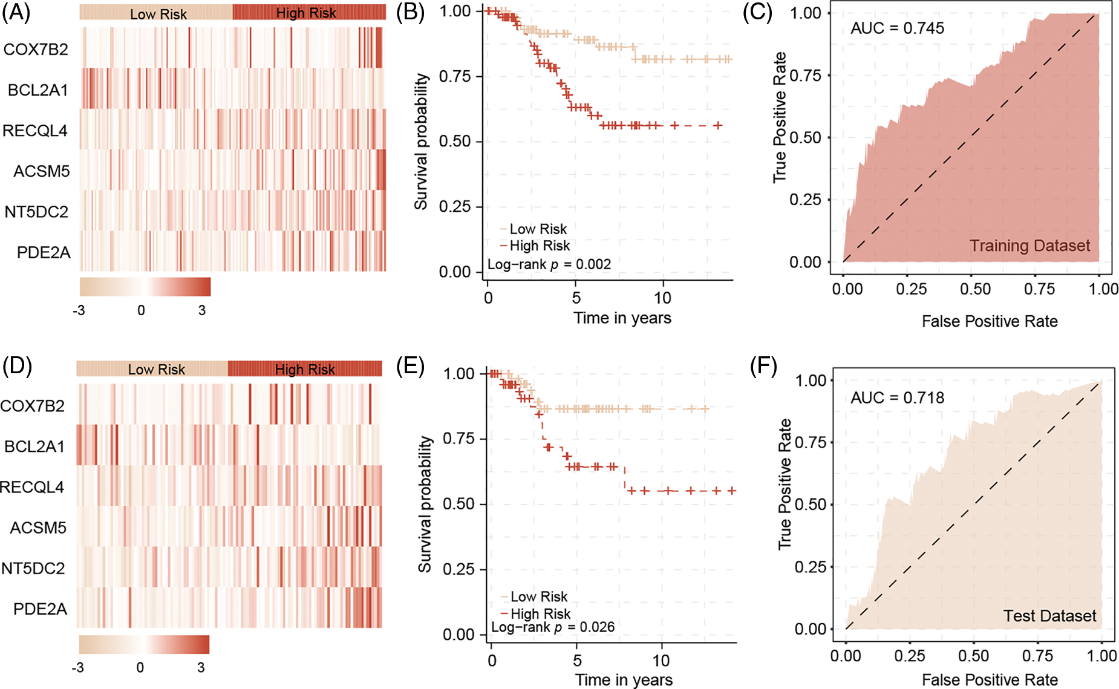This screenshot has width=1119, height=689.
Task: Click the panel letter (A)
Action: point(16,12)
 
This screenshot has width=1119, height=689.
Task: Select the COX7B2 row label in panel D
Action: point(33,406)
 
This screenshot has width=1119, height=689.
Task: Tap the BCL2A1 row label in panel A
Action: point(38,90)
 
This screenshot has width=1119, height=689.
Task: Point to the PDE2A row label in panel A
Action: point(44,252)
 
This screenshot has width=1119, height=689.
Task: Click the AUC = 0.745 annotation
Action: point(897,28)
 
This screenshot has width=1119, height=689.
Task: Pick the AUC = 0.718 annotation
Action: point(897,397)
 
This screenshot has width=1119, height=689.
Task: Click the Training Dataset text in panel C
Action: point(1029,246)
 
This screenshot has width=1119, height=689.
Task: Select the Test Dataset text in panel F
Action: point(1049,616)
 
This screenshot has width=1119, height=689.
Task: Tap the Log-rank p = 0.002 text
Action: point(549,264)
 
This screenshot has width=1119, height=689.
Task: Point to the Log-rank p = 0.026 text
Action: point(553,627)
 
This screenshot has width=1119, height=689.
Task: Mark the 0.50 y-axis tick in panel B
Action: point(455,142)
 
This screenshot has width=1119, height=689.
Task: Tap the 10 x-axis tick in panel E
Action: point(661,660)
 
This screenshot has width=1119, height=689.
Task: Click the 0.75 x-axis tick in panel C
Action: point(1039,289)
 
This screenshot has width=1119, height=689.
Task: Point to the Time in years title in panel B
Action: point(622,318)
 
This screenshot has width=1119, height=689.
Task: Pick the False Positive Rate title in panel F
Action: point(990,680)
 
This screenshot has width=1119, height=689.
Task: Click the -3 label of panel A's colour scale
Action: point(79,310)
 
